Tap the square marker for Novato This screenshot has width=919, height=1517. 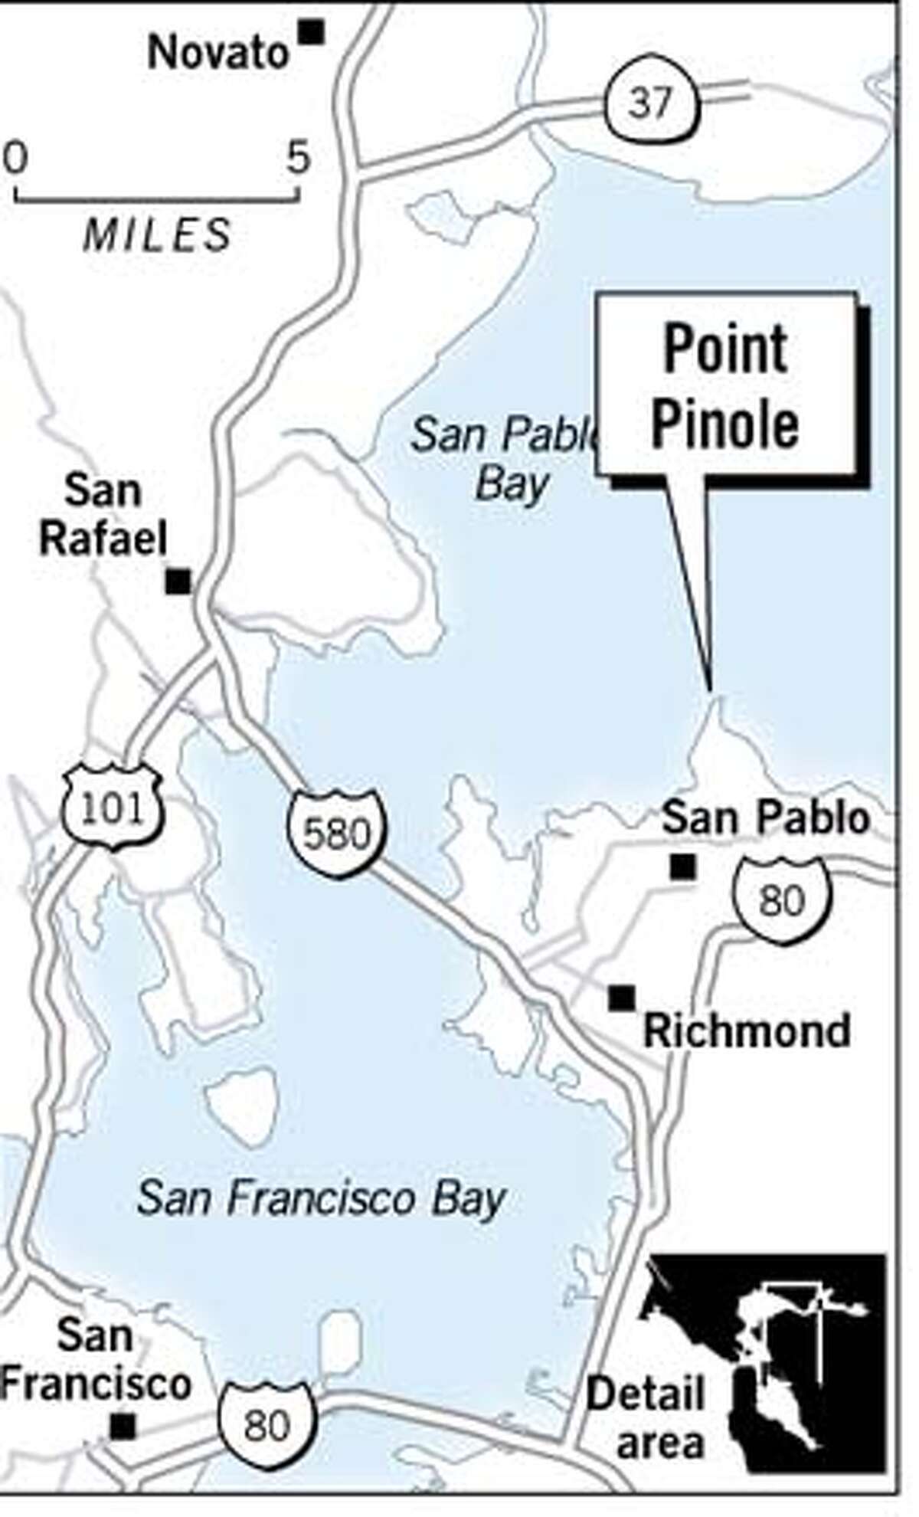pyautogui.click(x=312, y=32)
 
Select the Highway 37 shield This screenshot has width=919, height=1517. pyautogui.click(x=651, y=100)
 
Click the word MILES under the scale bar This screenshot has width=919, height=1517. pyautogui.click(x=157, y=234)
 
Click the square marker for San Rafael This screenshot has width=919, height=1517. pyautogui.click(x=178, y=582)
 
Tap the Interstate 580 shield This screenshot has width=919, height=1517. pyautogui.click(x=337, y=831)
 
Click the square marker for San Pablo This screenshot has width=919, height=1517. pyautogui.click(x=682, y=867)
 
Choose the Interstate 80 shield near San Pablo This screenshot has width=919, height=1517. pyautogui.click(x=781, y=900)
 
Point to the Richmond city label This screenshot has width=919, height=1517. pyautogui.click(x=747, y=1031)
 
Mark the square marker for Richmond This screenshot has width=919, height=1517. pyautogui.click(x=621, y=998)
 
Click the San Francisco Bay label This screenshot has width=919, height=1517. pyautogui.click(x=322, y=1198)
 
